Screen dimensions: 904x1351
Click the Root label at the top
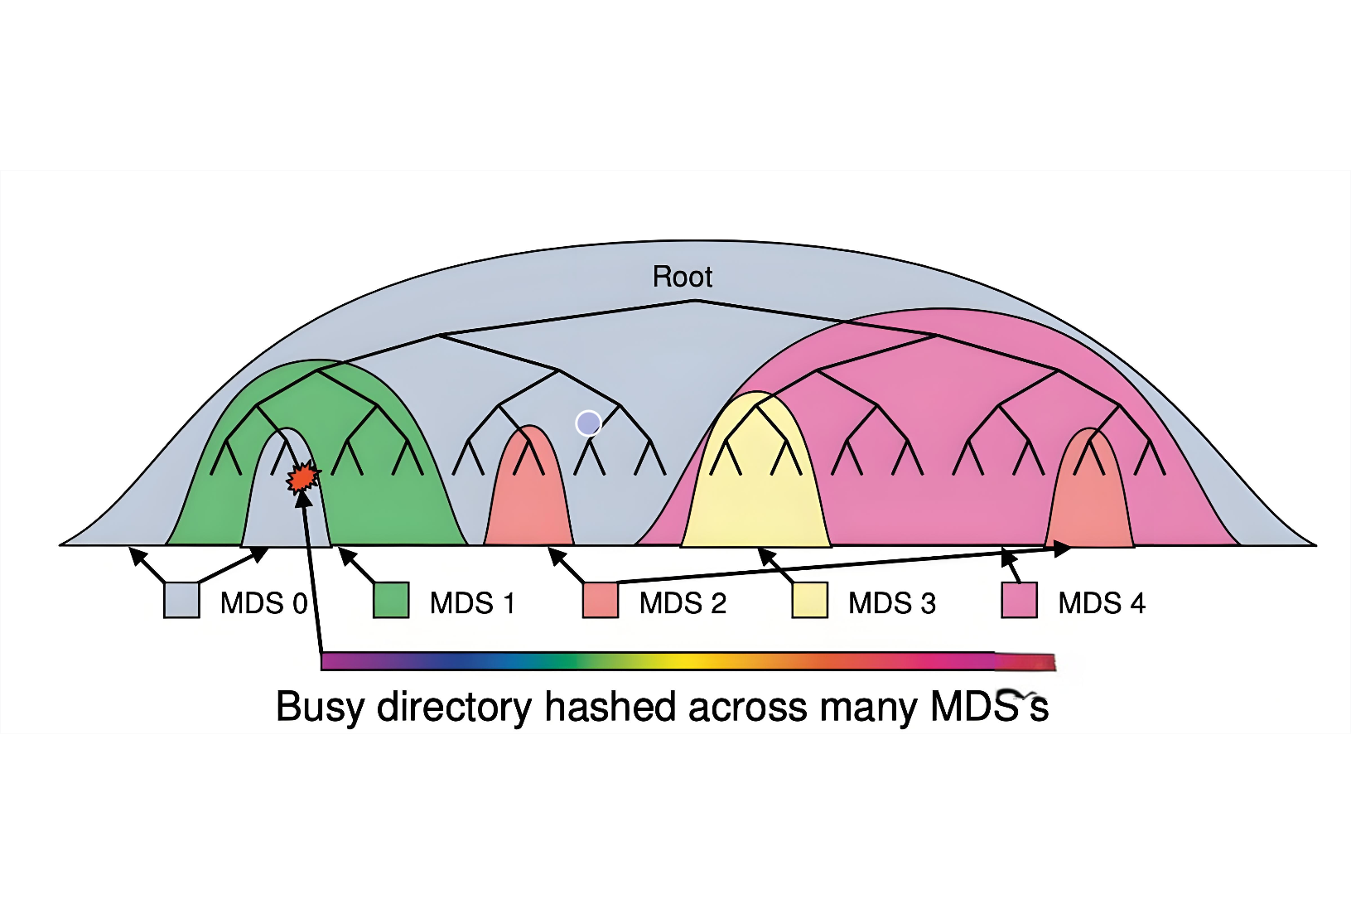682,277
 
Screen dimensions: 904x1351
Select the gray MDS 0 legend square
181,600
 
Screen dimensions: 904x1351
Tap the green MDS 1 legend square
391,600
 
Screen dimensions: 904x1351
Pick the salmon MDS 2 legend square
601,600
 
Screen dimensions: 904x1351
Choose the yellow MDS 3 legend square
809,600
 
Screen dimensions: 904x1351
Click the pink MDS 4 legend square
1019,600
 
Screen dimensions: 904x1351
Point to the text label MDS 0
263,603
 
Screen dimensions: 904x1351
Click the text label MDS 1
472,603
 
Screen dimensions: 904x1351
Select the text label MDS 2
683,603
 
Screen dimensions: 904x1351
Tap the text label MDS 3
892,603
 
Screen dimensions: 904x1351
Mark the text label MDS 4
1102,603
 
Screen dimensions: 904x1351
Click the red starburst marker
302,477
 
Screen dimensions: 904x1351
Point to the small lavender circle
588,423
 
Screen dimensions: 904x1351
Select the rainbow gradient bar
688,661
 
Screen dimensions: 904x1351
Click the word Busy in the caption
321,708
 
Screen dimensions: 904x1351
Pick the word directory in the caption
454,708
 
